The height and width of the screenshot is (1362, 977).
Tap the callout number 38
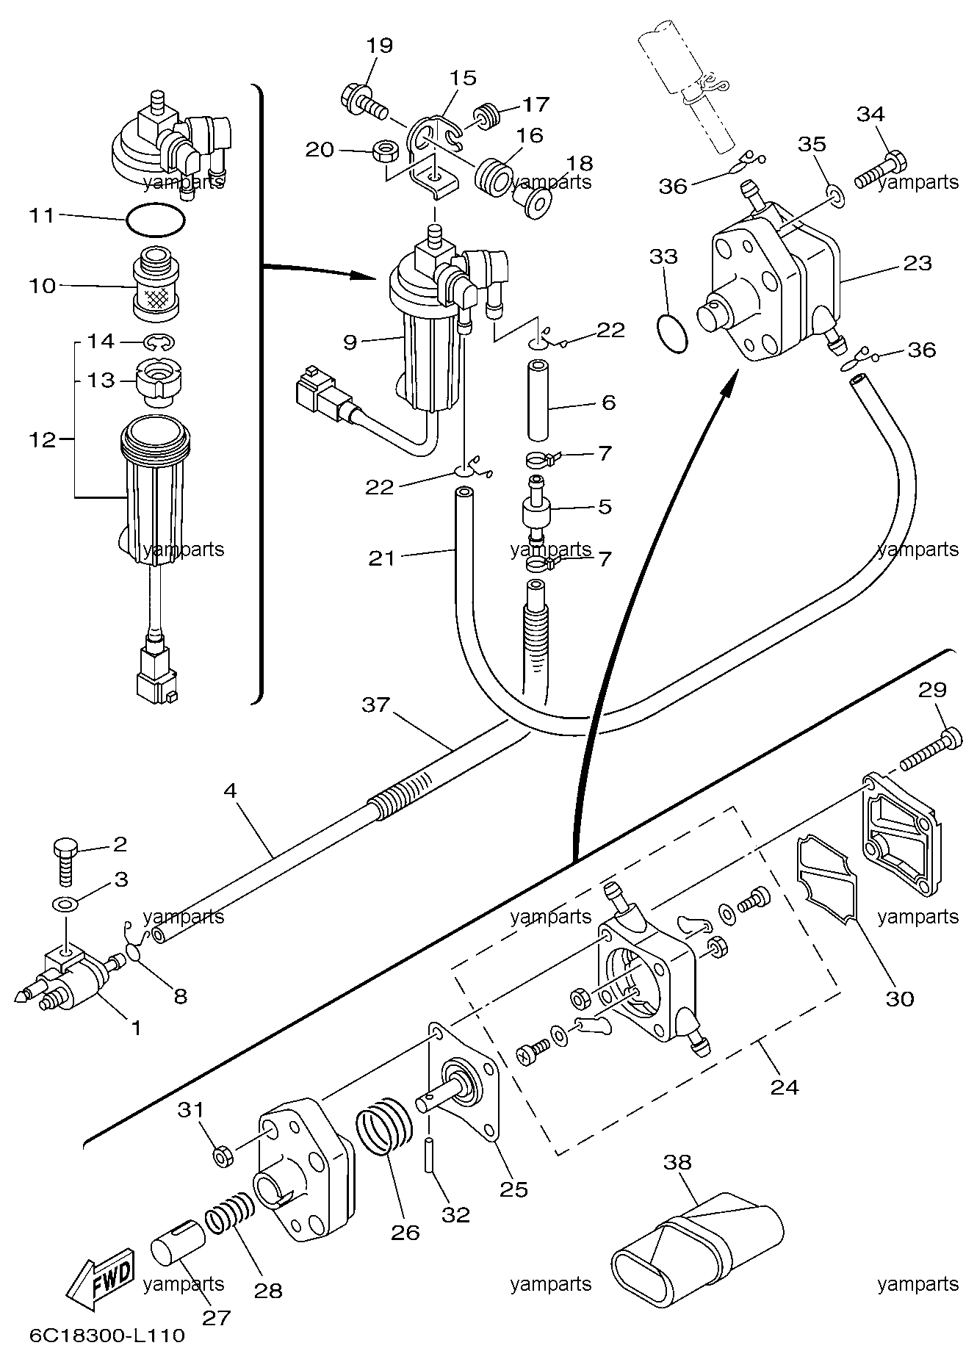[x=677, y=1162]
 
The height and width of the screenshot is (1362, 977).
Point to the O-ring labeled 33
[x=671, y=331]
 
